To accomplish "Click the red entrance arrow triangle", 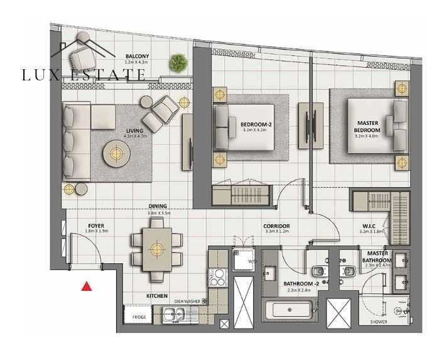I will click(87, 286).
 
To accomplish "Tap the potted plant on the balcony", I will click(178, 62).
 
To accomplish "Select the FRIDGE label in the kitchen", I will click(139, 317).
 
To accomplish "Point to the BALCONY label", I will click(136, 55).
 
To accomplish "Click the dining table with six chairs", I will click(154, 249).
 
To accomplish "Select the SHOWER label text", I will click(378, 322).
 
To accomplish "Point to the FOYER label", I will click(96, 226).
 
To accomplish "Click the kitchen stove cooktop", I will click(220, 277).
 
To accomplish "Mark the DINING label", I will click(157, 206).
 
